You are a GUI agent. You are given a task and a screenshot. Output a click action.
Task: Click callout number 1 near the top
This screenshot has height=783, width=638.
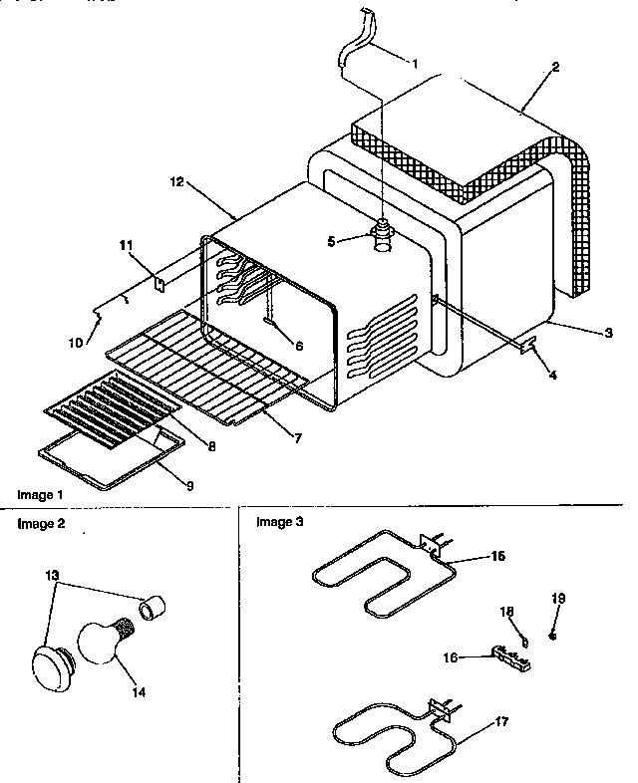tap(413, 64)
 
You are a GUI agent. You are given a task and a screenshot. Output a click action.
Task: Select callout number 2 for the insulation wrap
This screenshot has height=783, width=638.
tap(555, 67)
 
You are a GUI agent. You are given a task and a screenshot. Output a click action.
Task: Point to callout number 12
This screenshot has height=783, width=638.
tap(177, 182)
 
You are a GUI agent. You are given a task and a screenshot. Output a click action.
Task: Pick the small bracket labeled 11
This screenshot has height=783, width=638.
tap(159, 283)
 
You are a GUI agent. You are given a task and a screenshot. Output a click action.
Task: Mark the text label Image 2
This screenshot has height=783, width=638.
tap(40, 521)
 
